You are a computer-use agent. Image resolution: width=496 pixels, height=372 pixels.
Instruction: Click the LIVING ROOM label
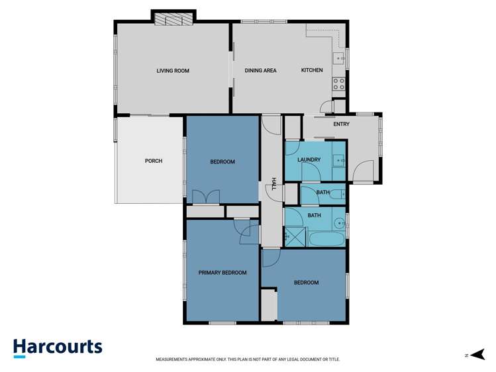[x=173, y=71]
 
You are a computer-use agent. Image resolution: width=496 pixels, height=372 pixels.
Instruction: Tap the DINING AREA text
[x=260, y=71]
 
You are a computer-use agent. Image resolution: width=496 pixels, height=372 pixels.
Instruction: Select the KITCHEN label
[x=312, y=71]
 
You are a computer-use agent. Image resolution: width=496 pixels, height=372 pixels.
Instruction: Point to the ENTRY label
[x=341, y=124]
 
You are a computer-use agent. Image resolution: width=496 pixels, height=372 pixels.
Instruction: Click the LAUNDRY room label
[x=309, y=160]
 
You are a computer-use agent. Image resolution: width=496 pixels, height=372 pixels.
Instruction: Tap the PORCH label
[x=154, y=161]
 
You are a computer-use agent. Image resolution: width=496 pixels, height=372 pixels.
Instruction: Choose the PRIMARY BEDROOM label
[x=223, y=273]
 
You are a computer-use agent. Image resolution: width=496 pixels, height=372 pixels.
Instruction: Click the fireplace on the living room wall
[x=173, y=20]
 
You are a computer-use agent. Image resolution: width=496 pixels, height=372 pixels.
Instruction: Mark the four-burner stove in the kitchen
[x=338, y=84]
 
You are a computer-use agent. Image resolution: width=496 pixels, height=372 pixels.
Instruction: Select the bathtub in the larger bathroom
[x=326, y=238]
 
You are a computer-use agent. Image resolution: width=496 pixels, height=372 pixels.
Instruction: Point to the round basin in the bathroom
[x=338, y=222]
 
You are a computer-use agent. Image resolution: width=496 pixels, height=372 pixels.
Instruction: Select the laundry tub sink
[x=338, y=160]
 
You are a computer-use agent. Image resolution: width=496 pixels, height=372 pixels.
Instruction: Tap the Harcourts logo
[x=58, y=348]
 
